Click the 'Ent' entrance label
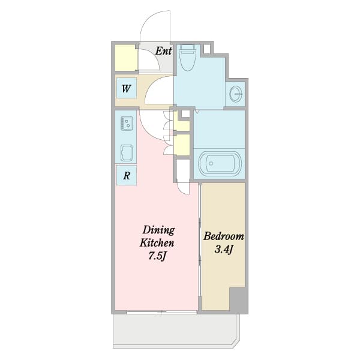tap(163, 51)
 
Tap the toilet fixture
tap(187, 58)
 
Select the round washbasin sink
tap(236, 94)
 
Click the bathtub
tap(220, 163)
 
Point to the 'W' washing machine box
tap(127, 88)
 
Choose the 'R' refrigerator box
tap(127, 176)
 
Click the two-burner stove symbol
tap(127, 124)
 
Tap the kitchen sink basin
tap(127, 153)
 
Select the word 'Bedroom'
tap(223, 236)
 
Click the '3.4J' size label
tap(224, 250)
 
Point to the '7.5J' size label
tap(157, 256)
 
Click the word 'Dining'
tap(158, 230)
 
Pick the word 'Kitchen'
tap(157, 243)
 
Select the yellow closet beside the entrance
tap(126, 58)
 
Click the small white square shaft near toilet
tap(207, 49)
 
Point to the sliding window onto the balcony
tap(161, 312)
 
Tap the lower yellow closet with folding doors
tap(182, 145)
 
